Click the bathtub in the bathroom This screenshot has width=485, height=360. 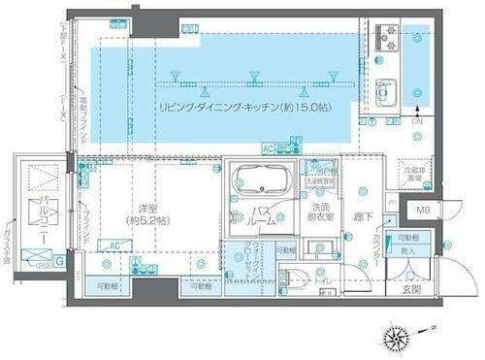257,180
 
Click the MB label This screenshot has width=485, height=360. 424,211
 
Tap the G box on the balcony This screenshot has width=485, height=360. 60,259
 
